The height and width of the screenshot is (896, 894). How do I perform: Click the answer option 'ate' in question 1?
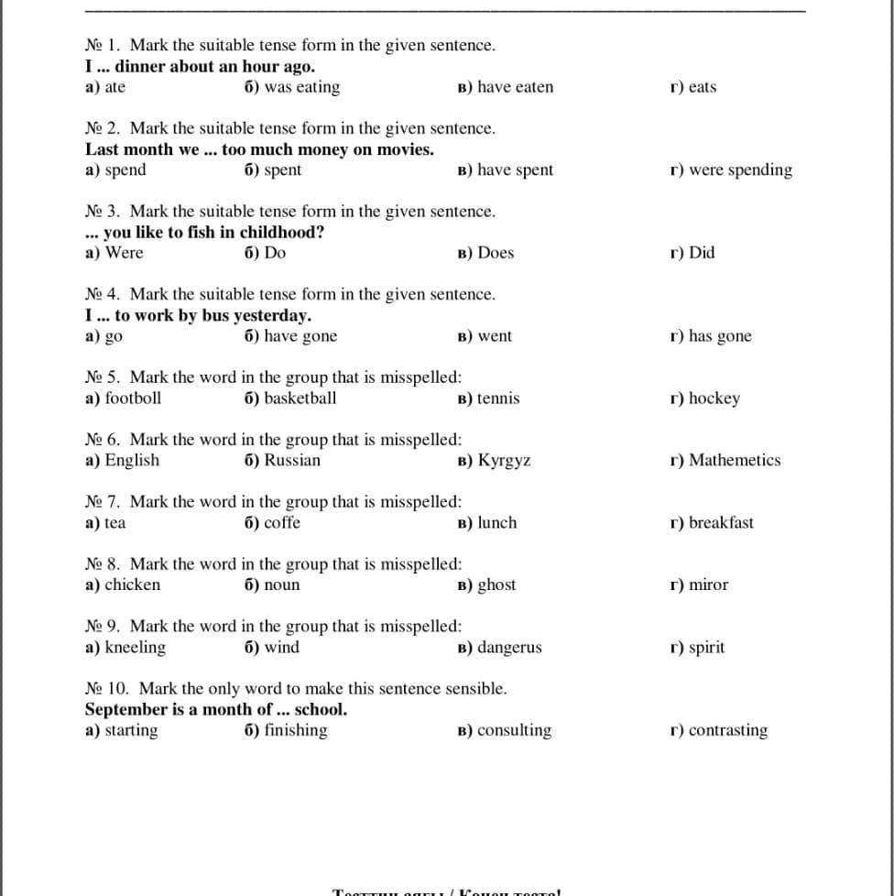(115, 88)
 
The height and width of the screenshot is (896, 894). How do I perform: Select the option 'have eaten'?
(515, 88)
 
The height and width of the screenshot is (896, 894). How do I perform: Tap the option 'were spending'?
(740, 170)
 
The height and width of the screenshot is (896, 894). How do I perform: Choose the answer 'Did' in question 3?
(702, 253)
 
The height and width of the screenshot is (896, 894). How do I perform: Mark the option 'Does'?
(496, 253)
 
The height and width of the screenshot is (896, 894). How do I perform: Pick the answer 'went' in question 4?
(495, 336)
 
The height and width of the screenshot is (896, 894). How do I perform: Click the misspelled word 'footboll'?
(133, 399)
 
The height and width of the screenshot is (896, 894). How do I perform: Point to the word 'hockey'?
(714, 399)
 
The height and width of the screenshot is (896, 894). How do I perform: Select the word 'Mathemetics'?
(735, 461)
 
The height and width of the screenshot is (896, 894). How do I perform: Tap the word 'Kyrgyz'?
(504, 461)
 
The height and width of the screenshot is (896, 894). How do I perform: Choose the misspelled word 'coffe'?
(282, 523)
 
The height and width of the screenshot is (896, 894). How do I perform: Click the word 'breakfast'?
(721, 523)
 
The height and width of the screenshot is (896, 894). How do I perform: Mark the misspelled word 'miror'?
(708, 585)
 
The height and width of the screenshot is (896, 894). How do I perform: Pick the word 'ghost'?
(496, 585)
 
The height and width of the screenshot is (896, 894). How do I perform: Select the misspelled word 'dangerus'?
(509, 648)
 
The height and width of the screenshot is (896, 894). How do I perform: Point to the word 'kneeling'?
(136, 648)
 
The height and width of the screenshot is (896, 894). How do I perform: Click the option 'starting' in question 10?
(131, 731)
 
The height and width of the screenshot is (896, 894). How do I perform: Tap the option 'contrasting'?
(727, 731)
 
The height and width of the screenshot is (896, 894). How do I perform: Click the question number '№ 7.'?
(104, 502)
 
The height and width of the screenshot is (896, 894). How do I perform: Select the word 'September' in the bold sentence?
(125, 710)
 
